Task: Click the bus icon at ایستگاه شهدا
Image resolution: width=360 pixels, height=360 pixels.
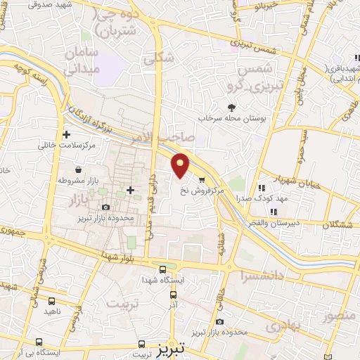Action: [x=163, y=269]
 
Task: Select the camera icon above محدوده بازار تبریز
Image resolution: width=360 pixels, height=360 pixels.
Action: [x=105, y=207]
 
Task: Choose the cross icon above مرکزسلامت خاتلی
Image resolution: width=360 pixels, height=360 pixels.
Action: [x=66, y=134]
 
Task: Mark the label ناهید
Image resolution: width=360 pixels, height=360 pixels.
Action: [x=53, y=310]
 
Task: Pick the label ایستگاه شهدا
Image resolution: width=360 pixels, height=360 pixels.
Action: [x=163, y=281]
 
